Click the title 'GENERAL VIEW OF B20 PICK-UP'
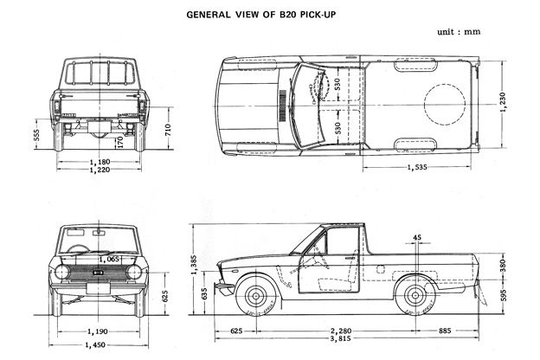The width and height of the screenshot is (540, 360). [x=275, y=15]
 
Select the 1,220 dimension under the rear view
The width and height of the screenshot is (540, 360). [x=97, y=170]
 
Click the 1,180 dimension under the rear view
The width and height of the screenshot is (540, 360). [x=97, y=161]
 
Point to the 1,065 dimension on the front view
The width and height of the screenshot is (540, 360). [x=109, y=259]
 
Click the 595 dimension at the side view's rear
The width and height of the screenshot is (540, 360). [x=505, y=291]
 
